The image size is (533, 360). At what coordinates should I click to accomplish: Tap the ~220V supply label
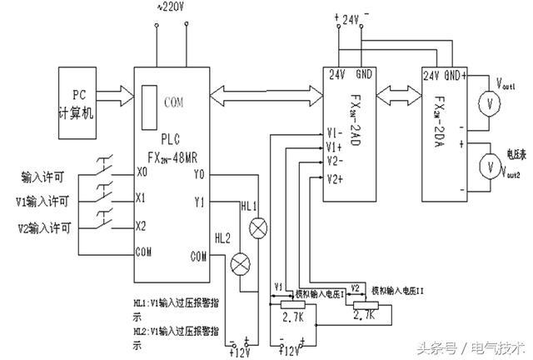click(x=170, y=7)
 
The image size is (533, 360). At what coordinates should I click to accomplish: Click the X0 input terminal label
click(x=142, y=174)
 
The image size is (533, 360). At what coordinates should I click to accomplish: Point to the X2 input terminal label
click(x=142, y=225)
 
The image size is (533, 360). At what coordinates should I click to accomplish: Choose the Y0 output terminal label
click(x=198, y=175)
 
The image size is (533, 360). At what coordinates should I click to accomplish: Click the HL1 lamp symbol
click(x=259, y=226)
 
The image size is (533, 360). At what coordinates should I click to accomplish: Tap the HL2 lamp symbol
click(x=241, y=263)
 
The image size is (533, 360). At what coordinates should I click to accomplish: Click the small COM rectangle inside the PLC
click(x=149, y=103)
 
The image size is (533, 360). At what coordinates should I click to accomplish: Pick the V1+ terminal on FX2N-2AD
click(x=336, y=146)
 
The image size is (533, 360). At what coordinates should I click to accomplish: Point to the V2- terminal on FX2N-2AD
click(x=336, y=160)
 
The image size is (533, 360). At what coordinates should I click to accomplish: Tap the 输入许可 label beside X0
click(x=49, y=176)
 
